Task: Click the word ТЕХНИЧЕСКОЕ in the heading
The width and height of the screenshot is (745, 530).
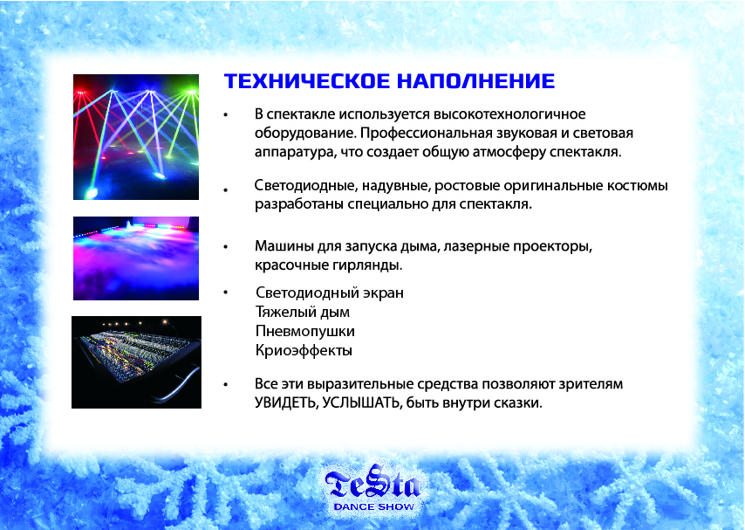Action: [x=307, y=81]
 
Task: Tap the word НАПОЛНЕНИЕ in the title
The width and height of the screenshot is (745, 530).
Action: [x=476, y=81]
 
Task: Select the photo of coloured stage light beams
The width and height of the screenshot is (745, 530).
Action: [x=136, y=137]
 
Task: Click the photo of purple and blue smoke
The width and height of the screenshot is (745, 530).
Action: [x=136, y=258]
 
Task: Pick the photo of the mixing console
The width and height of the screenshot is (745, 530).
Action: [x=136, y=362]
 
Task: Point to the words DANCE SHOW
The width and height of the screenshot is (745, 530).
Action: [x=374, y=506]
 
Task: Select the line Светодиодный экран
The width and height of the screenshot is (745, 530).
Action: [x=330, y=293]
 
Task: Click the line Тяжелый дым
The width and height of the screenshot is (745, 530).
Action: [x=303, y=312]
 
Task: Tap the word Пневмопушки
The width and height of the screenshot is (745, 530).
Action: [x=305, y=331]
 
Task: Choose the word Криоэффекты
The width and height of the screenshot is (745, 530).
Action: [x=304, y=351]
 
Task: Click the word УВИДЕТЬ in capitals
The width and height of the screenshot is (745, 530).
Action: [x=286, y=403]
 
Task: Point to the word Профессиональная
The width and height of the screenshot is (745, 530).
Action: [x=426, y=134]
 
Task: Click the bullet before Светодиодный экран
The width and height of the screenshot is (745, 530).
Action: [x=226, y=293]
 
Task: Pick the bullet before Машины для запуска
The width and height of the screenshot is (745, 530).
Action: [x=226, y=247]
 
